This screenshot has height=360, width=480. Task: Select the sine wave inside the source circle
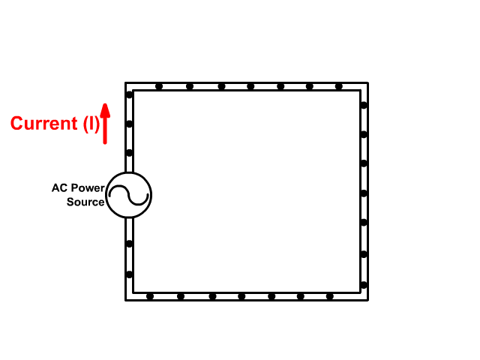pyautogui.click(x=128, y=196)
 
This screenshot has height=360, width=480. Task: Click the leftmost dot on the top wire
pyautogui.click(x=159, y=86)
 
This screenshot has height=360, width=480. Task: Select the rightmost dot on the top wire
pyautogui.click(x=338, y=86)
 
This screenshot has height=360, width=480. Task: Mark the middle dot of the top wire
pyautogui.click(x=250, y=86)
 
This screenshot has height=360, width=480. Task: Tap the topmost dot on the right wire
pyautogui.click(x=364, y=105)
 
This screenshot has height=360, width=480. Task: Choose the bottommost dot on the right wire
pyautogui.click(x=364, y=284)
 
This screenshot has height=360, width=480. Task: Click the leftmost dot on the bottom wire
pyautogui.click(x=150, y=296)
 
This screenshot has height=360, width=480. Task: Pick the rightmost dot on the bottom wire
pyautogui.click(x=329, y=296)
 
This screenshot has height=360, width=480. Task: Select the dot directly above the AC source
pyautogui.click(x=129, y=153)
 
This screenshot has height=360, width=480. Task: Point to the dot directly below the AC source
pyautogui.click(x=129, y=244)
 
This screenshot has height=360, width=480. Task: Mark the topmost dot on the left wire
pyautogui.click(x=129, y=94)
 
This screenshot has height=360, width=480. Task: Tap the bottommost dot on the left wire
pyautogui.click(x=129, y=274)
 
